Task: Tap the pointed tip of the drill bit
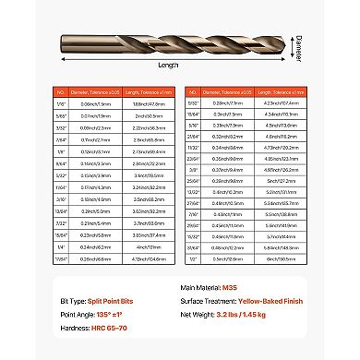pyautogui.click(x=327, y=19)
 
